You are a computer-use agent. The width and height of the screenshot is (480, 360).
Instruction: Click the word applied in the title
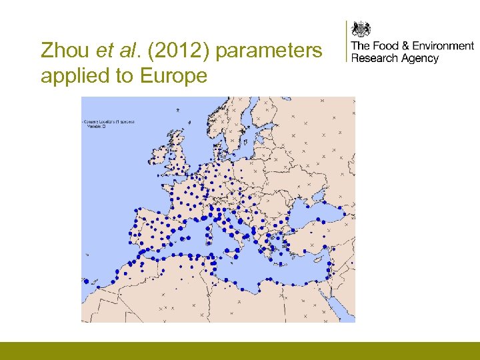[74, 77]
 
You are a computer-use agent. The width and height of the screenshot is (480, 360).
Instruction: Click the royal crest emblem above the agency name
[361, 29]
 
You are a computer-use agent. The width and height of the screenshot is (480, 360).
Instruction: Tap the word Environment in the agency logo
[443, 46]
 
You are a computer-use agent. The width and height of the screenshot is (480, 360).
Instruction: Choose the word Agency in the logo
[420, 59]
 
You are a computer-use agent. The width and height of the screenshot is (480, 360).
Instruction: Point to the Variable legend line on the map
[98, 127]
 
